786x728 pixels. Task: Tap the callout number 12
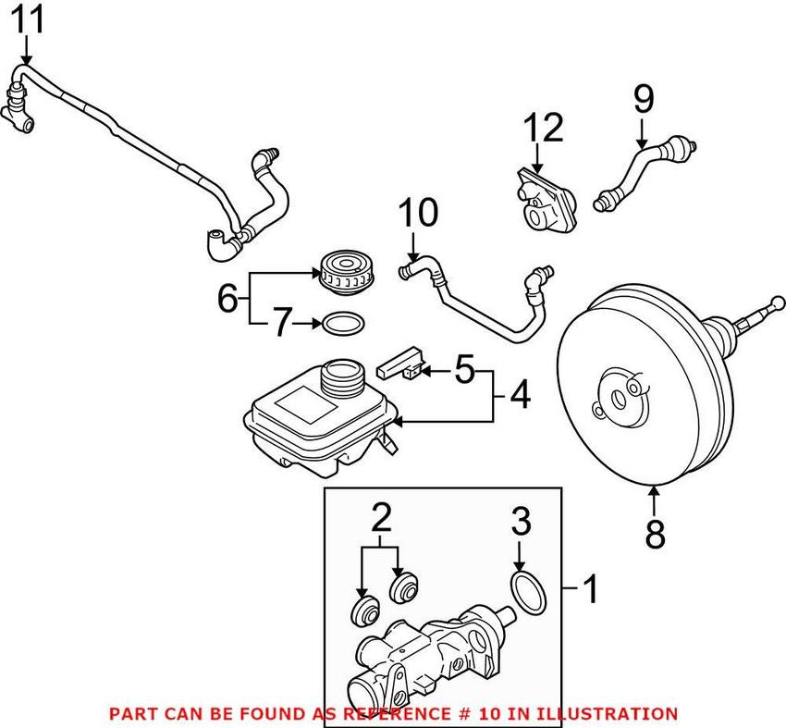544,128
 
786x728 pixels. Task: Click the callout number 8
655,534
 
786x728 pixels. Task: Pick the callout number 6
227,298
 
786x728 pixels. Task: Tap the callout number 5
464,371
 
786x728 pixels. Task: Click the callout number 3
522,524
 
